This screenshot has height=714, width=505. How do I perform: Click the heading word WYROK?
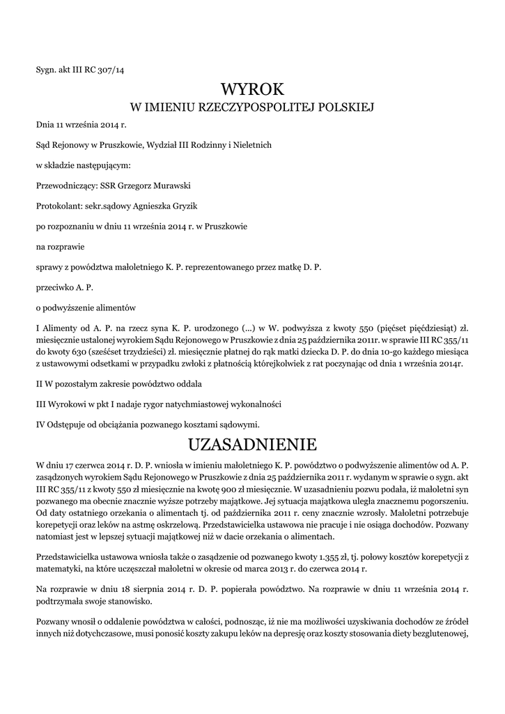tap(252, 89)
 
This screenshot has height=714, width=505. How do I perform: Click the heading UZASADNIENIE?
tap(252, 444)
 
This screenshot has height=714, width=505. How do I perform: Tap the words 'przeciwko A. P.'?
tap(65, 287)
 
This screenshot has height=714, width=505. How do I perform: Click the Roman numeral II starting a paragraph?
tap(40, 384)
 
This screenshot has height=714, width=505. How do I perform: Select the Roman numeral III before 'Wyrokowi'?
tap(41, 404)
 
